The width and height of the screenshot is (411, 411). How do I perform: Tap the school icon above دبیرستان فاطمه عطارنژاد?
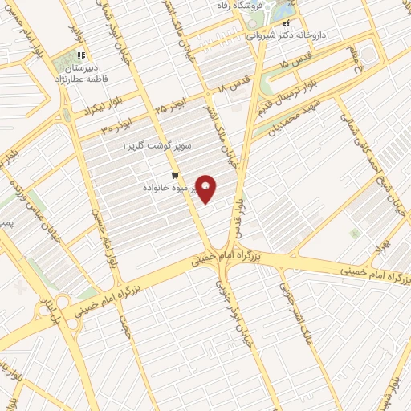click(81, 55)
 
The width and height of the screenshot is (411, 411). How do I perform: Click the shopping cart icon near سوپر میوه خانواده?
click(174, 176)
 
